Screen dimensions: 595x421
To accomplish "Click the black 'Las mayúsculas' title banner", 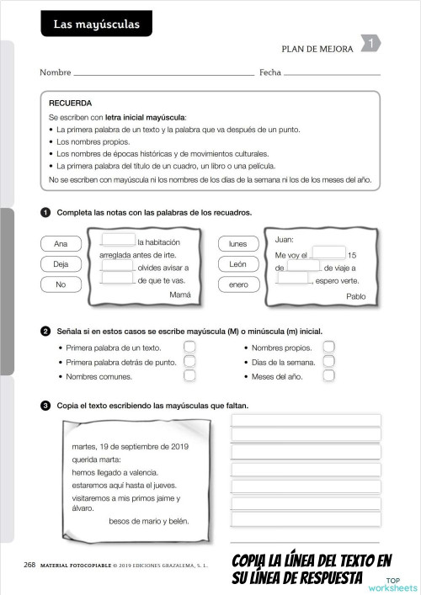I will tap(96, 25).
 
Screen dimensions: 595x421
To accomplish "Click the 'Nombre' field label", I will tap(55, 73).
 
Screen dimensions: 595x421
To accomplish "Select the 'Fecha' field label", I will tap(269, 73).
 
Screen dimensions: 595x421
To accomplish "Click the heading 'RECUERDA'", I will tap(71, 103).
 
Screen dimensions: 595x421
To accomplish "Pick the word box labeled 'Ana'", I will tap(61, 244).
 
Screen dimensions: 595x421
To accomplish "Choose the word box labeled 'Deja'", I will tap(61, 264).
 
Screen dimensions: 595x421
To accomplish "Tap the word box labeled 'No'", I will tap(61, 284).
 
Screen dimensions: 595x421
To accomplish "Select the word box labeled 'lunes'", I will tap(238, 244).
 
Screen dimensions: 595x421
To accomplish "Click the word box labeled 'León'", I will tap(238, 264).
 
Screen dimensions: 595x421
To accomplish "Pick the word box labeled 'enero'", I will tap(238, 284).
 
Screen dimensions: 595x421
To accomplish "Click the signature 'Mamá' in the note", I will tap(180, 295).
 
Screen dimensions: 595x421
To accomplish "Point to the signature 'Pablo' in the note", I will tap(356, 296).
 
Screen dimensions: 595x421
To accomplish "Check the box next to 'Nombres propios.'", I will tap(329, 347).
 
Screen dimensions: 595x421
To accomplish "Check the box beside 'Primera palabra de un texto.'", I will tap(189, 347).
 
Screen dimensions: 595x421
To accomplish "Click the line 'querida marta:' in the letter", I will tap(97, 460).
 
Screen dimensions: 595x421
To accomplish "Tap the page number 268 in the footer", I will tap(29, 565).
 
